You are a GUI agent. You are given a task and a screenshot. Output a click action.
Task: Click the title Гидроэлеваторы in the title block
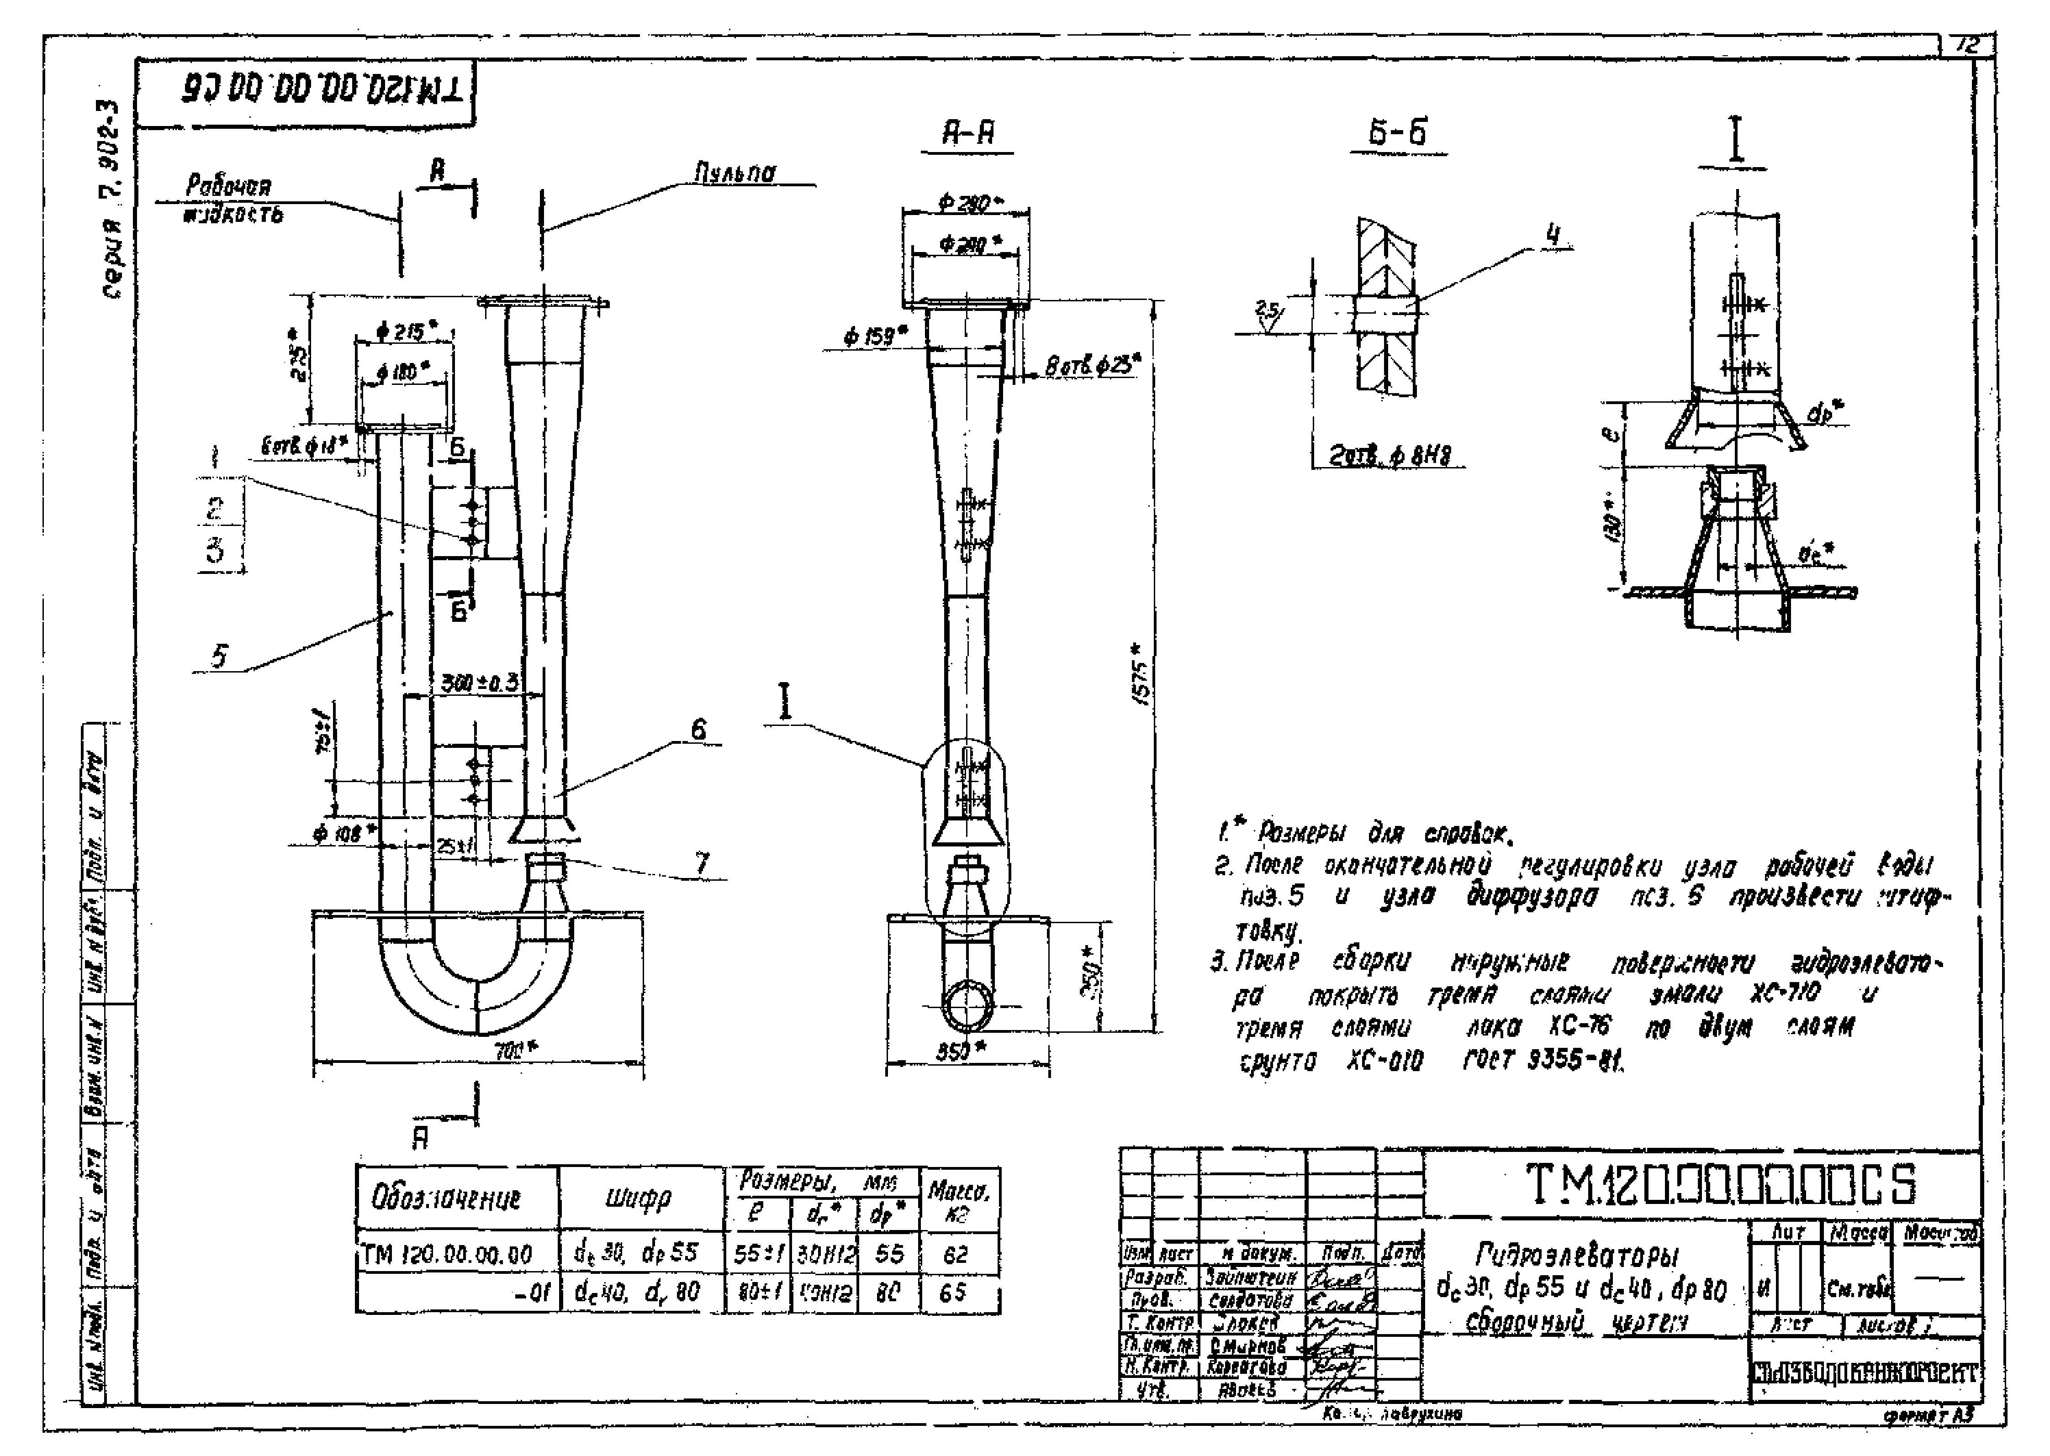tap(1576, 1253)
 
